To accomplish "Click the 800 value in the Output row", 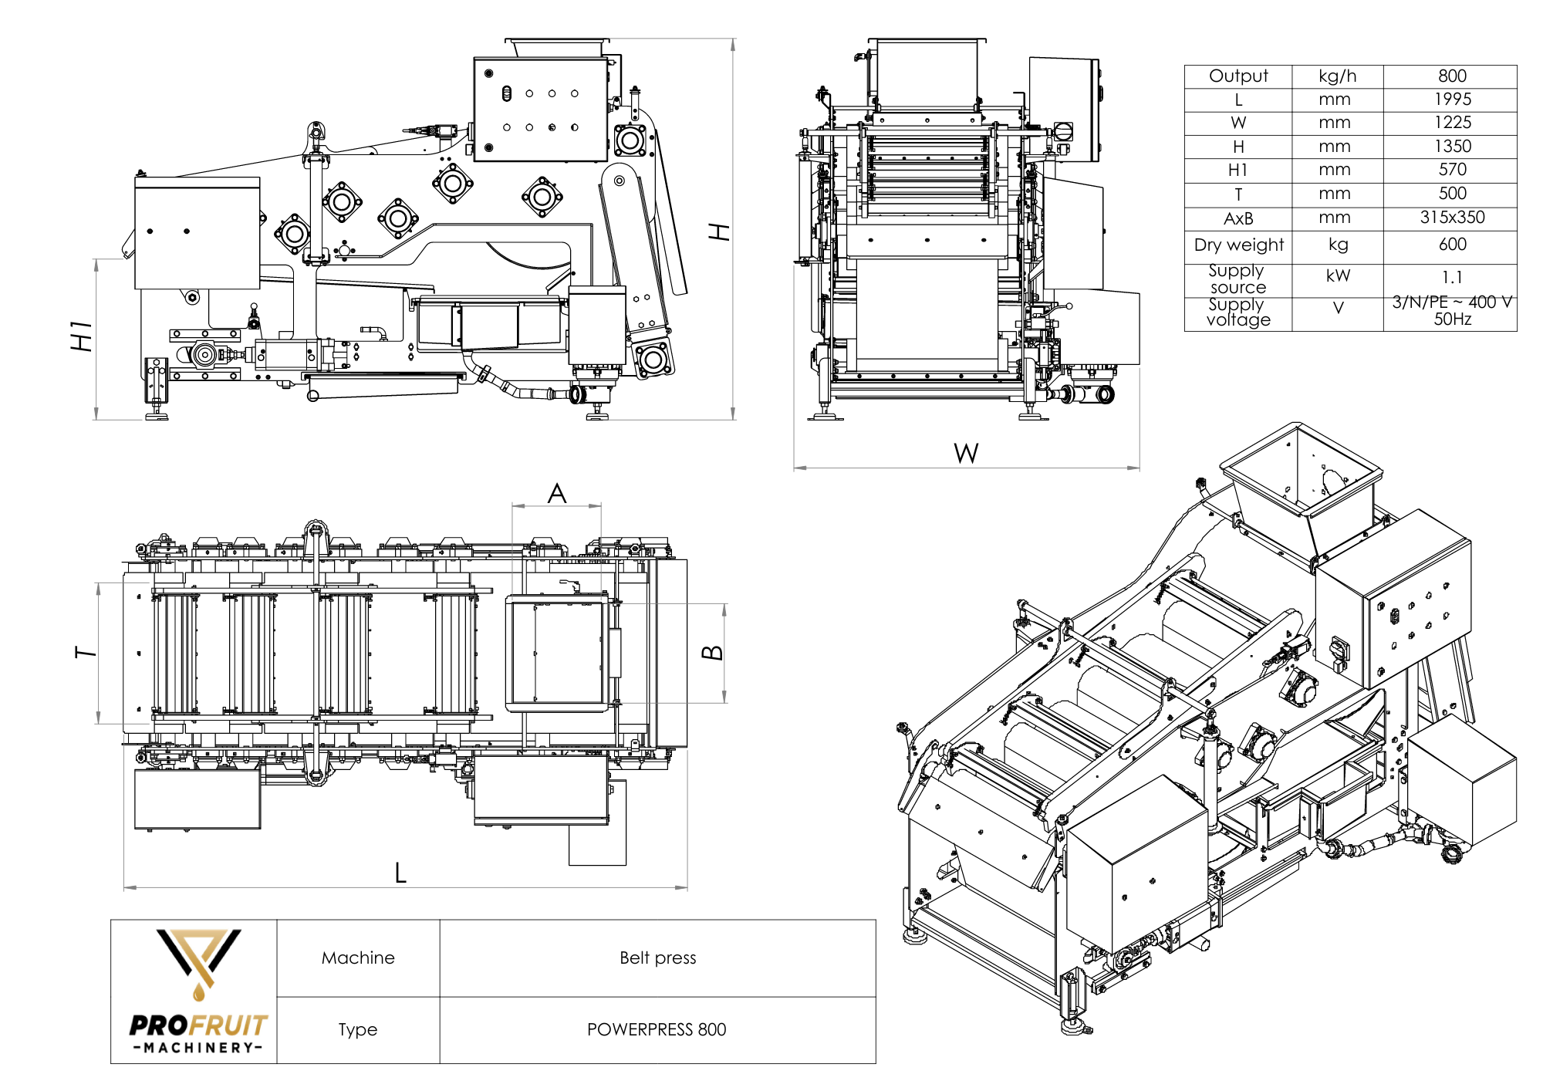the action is [1451, 76].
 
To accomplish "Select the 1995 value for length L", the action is [1452, 100].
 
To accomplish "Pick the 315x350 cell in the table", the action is [1451, 218].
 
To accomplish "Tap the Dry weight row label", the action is [1238, 245].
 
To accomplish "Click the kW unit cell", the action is [1338, 276].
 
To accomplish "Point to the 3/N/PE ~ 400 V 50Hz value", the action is [1451, 310].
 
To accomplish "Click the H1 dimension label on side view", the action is [82, 336].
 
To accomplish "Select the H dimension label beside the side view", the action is [719, 231].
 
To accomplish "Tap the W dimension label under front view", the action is [966, 453].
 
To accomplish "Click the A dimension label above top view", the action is [557, 494].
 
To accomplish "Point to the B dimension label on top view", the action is [712, 653].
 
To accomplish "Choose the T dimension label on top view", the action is [86, 653].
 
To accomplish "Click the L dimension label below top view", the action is [400, 873].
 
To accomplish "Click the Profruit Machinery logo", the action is [198, 991].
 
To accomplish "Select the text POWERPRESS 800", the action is [657, 1029].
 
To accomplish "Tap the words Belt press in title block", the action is [657, 958].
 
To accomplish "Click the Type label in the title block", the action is [357, 1029].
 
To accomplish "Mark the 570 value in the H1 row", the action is [1451, 170].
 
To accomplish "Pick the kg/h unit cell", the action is [1337, 76].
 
